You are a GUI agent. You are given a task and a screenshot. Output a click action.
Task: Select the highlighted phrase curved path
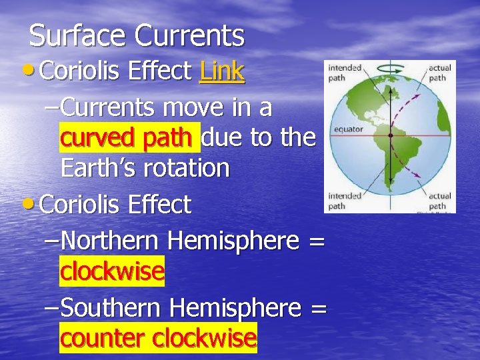129,137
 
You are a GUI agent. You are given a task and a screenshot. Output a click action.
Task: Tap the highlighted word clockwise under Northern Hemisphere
112,271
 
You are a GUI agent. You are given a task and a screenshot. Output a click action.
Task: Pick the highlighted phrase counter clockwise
158,338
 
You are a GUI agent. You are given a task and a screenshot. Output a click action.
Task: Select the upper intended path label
344,72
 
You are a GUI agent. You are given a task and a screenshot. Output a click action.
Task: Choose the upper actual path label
439,72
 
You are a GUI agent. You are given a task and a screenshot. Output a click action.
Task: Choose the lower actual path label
439,201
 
